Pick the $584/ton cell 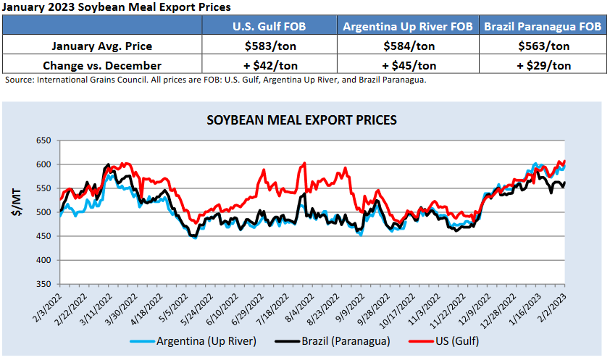(x=408, y=46)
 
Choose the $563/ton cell (x=543, y=46)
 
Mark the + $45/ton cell (x=408, y=64)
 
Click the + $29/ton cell (x=543, y=64)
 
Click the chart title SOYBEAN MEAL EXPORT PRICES (x=302, y=120)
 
